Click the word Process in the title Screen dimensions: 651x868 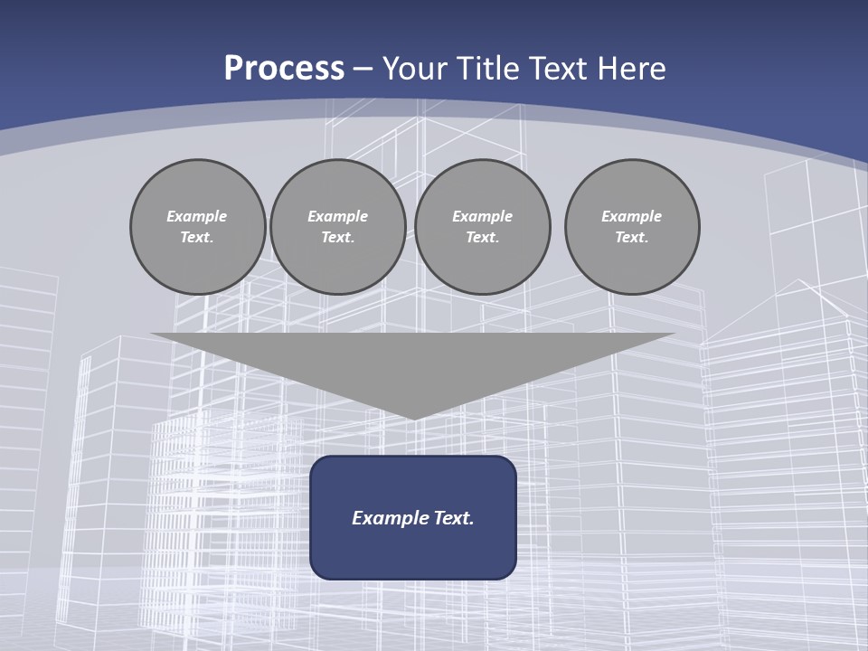click(284, 69)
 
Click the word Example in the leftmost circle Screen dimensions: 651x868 click(197, 216)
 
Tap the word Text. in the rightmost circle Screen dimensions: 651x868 click(632, 238)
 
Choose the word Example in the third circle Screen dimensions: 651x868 click(483, 216)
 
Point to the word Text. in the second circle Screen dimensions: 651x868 click(338, 238)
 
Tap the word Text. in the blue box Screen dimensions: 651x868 click(454, 518)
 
